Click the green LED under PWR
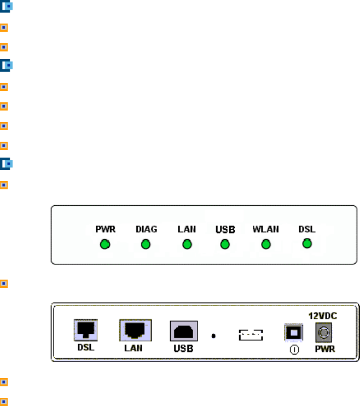point(105,244)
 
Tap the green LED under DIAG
point(146,244)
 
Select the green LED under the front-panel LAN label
point(186,244)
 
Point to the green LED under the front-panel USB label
point(224,244)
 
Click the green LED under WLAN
point(266,244)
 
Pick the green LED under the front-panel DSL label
point(307,243)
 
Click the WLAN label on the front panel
point(265,229)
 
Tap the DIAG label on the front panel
point(146,229)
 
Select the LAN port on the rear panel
point(135,330)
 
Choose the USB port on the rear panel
point(183,332)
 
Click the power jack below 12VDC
point(324,332)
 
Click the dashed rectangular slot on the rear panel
point(251,334)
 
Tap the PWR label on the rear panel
point(324,349)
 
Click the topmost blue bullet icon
point(5,8)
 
